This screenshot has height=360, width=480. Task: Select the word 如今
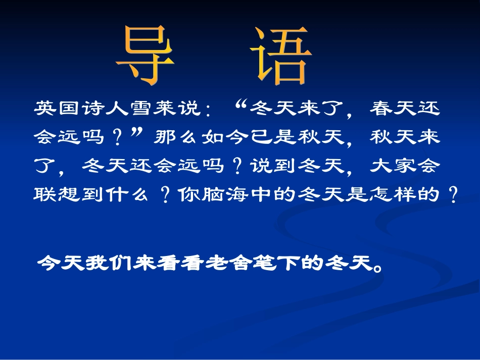click(221, 137)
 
